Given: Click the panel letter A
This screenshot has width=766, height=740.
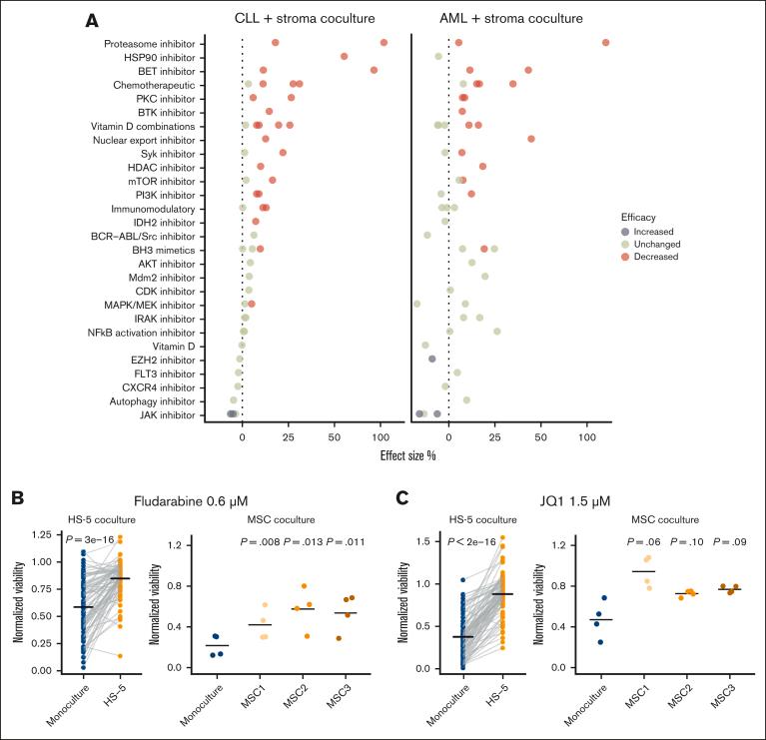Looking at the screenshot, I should [92, 20].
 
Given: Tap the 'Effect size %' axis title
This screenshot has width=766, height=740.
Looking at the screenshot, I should [405, 455].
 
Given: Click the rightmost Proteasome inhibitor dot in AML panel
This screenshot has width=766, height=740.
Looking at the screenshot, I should [605, 42].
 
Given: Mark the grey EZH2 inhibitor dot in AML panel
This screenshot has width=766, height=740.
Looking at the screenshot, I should [432, 359].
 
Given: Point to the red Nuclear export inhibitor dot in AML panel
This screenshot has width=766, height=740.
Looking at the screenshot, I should [531, 139].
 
